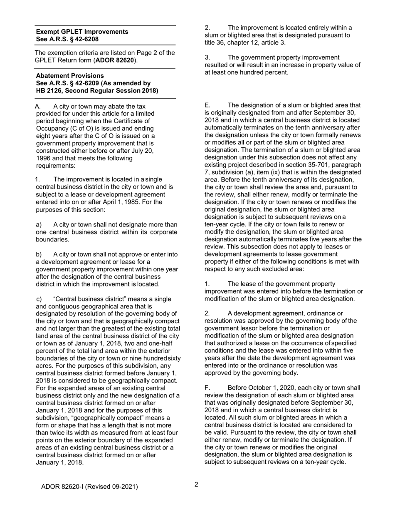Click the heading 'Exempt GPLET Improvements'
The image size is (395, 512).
click(x=82, y=32)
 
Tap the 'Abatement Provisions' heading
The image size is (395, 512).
click(x=70, y=76)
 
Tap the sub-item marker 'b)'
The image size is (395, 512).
click(x=39, y=254)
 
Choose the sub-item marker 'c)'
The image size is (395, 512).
click(x=39, y=299)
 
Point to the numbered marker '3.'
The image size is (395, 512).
click(x=207, y=57)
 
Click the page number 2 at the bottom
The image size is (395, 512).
click(x=197, y=484)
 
